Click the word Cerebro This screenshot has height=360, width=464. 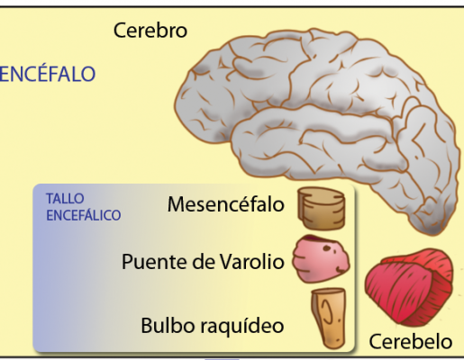tap(150, 31)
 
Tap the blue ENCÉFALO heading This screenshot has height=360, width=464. tap(48, 74)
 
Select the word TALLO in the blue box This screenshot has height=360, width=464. tap(65, 199)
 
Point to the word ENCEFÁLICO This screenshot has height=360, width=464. tap(84, 215)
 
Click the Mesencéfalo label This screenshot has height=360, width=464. tap(226, 204)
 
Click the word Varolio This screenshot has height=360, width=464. tap(251, 261)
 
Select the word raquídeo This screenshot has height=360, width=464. tap(241, 326)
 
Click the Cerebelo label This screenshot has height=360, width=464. tap(411, 341)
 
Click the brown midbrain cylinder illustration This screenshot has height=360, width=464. tap(322, 209)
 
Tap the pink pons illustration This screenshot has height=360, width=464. tap(321, 259)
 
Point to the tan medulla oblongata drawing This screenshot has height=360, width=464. tap(329, 319)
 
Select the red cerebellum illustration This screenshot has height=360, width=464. tap(409, 287)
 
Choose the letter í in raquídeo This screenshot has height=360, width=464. tap(248, 324)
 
